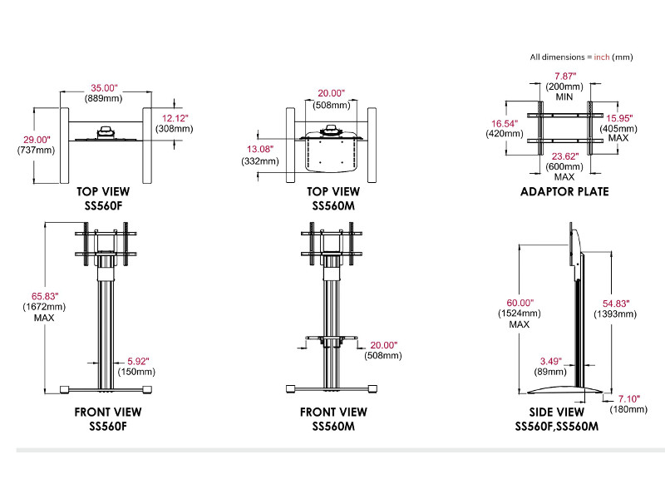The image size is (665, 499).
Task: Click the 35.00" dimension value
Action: pos(105,87)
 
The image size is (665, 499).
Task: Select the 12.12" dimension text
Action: pos(175,117)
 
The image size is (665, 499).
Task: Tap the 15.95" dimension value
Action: pos(622,118)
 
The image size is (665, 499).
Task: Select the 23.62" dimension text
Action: pos(564,155)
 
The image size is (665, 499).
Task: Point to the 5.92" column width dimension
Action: pos(138,360)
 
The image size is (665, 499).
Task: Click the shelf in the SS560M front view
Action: pos(332,338)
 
